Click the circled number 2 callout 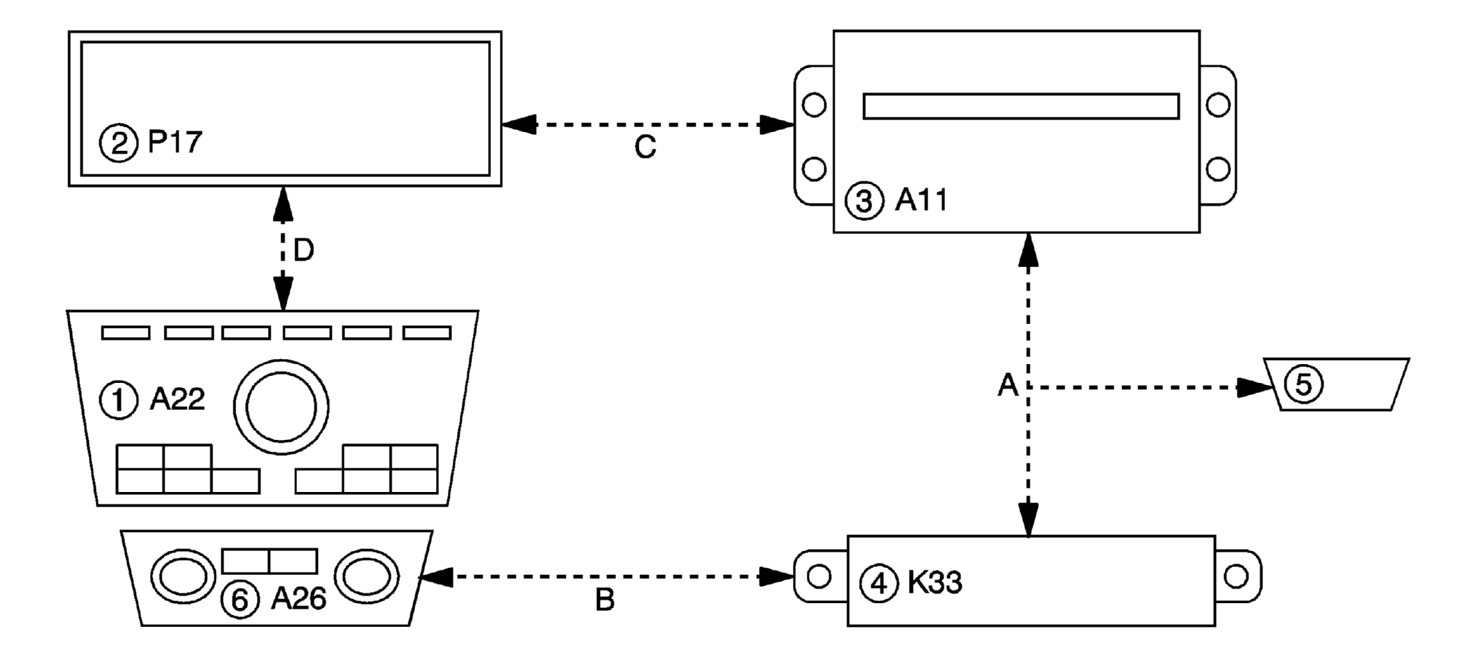point(119,143)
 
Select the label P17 point(175,142)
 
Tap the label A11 point(921,200)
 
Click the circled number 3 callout point(864,201)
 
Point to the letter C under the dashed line point(645,147)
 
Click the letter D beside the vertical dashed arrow point(304,250)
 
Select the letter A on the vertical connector point(1008,384)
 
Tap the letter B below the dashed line point(605,600)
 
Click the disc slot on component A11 point(1021,106)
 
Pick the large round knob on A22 point(281,407)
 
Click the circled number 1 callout point(119,401)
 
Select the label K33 point(935,582)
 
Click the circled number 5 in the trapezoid point(1303,384)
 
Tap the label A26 point(299,598)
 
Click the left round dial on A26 point(183,577)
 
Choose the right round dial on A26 point(367,576)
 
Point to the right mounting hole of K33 point(1236,576)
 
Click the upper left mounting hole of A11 point(814,105)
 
